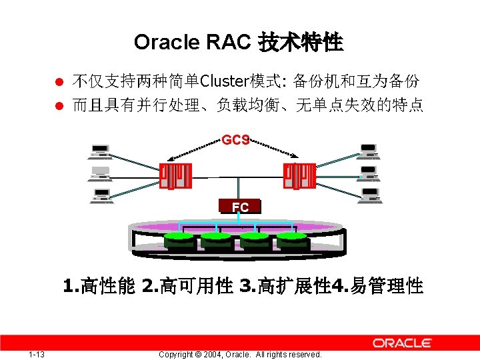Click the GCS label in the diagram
tap(235, 140)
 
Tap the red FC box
tap(240, 207)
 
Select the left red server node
tap(175, 177)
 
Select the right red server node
tap(299, 177)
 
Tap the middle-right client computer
tap(368, 174)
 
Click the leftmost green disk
tap(179, 239)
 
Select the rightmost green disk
tap(292, 239)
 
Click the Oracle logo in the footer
tap(402, 343)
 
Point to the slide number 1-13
tap(37, 354)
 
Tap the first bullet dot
tap(59, 83)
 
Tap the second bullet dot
tap(59, 105)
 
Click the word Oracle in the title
tap(167, 42)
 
